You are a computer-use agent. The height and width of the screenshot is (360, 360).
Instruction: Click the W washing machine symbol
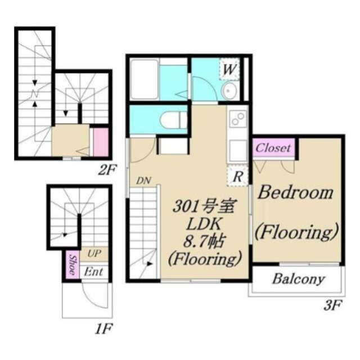(229, 69)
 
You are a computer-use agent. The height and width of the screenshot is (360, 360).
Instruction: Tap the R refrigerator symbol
(237, 175)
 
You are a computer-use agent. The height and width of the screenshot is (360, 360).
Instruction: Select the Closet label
(273, 148)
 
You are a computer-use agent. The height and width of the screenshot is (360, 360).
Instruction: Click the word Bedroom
(295, 192)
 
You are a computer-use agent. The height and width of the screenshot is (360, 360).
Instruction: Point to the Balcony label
(299, 279)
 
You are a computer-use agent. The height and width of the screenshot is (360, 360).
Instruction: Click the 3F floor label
(332, 305)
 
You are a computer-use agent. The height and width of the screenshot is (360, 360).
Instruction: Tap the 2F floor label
(107, 170)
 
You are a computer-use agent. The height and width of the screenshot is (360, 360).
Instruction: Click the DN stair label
(143, 181)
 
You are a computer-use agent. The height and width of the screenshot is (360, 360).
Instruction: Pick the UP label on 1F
(94, 254)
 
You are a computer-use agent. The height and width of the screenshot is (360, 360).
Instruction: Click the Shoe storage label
(73, 265)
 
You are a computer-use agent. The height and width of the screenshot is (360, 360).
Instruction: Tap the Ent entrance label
(93, 272)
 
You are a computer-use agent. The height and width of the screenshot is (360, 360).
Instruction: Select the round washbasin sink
(228, 90)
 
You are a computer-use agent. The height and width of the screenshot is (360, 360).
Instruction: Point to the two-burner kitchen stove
(237, 119)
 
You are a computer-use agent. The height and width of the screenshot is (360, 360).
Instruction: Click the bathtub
(144, 79)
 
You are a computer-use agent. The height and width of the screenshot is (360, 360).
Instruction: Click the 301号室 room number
(203, 206)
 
